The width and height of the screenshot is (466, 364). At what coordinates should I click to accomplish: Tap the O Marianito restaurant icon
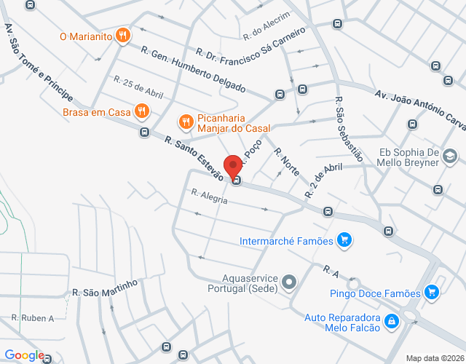(123, 34)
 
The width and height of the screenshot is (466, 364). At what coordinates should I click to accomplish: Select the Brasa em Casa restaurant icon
(142, 111)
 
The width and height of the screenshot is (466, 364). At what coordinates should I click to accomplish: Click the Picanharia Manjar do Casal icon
(186, 122)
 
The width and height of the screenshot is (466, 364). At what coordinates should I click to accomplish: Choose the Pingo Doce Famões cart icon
(432, 293)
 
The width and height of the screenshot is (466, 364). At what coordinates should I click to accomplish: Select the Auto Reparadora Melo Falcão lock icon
(391, 320)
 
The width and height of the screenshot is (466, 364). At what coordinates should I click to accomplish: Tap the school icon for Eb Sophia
(450, 157)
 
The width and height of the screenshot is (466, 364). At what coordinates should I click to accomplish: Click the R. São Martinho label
(105, 288)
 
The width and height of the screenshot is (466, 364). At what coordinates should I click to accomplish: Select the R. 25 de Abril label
(138, 89)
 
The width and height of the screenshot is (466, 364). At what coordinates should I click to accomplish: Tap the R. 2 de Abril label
(324, 180)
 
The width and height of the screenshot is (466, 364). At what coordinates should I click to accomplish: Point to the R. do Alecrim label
(266, 26)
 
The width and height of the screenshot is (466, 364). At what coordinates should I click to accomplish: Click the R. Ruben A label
(33, 318)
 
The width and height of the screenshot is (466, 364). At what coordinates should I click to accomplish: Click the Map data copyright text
(434, 358)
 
